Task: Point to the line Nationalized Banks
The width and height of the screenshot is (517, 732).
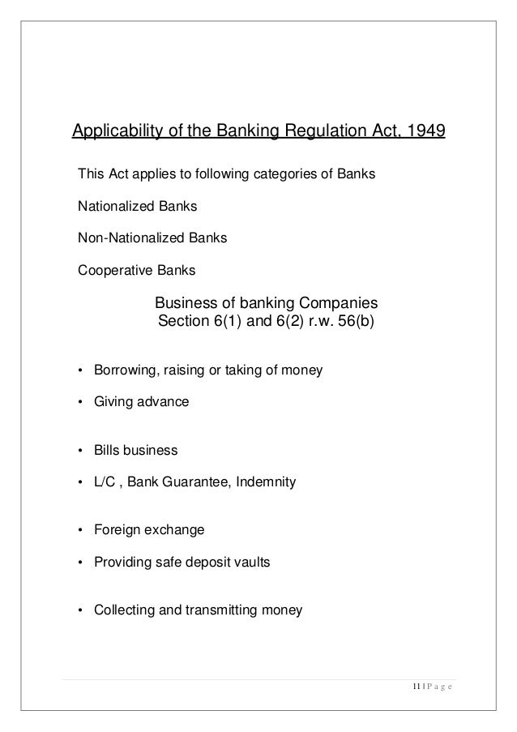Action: coord(136,207)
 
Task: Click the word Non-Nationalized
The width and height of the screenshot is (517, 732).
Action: coord(123,238)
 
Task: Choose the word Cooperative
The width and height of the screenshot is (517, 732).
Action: coord(108,271)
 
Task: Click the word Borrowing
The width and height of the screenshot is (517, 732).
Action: coord(124,371)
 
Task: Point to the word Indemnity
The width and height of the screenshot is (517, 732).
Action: coord(267,483)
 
